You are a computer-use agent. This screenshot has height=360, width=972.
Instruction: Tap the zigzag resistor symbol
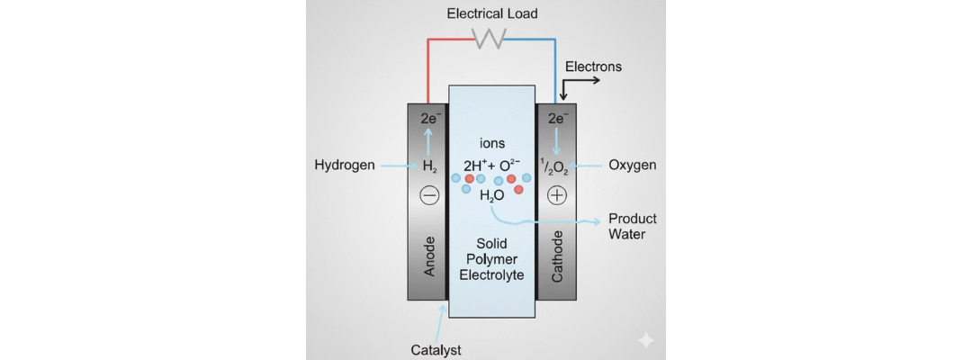point(490,38)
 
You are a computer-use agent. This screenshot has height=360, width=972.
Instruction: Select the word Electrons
point(593,67)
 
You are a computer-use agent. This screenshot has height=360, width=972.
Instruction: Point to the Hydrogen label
point(345,166)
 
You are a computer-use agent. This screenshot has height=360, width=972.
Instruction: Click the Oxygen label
point(633,166)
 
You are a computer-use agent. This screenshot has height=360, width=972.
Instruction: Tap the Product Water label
point(633,227)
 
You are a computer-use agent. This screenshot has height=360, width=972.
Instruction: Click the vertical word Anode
point(429,256)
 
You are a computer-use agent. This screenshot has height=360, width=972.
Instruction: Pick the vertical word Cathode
point(557,256)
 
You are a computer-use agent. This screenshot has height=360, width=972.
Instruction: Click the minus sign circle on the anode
point(429,195)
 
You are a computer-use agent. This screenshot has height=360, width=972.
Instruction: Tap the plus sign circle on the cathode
point(557,195)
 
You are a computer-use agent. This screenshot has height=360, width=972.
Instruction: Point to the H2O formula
point(491,196)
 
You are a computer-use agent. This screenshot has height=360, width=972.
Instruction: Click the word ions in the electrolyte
point(492,143)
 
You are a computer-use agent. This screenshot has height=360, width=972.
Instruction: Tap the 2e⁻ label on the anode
point(429,118)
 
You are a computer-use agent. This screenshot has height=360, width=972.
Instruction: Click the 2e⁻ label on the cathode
point(557,118)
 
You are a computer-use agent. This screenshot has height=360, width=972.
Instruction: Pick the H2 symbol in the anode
point(429,166)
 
